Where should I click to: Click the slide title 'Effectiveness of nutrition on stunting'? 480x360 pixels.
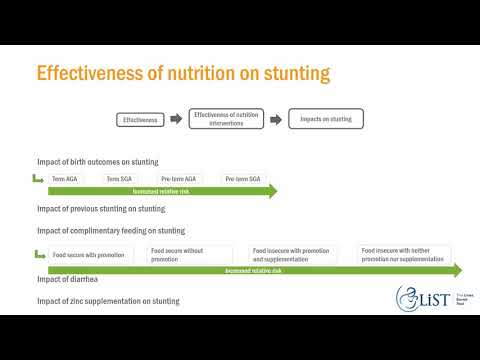[x=183, y=74]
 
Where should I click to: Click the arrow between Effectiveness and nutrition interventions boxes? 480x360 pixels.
[x=176, y=120]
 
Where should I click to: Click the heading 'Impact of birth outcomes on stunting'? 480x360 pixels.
[x=97, y=162]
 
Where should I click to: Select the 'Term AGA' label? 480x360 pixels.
[x=66, y=178]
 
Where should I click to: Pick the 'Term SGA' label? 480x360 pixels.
[x=119, y=178]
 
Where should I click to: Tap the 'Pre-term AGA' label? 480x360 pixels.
[x=178, y=178]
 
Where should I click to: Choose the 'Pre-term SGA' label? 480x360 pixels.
[x=240, y=178]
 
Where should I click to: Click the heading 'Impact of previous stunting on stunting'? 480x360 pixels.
[x=101, y=209]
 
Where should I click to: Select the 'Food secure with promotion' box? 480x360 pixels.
[x=89, y=255]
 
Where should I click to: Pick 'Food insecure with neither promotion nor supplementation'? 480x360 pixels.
[x=404, y=255]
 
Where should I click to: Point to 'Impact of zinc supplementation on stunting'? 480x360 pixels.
[x=109, y=300]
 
